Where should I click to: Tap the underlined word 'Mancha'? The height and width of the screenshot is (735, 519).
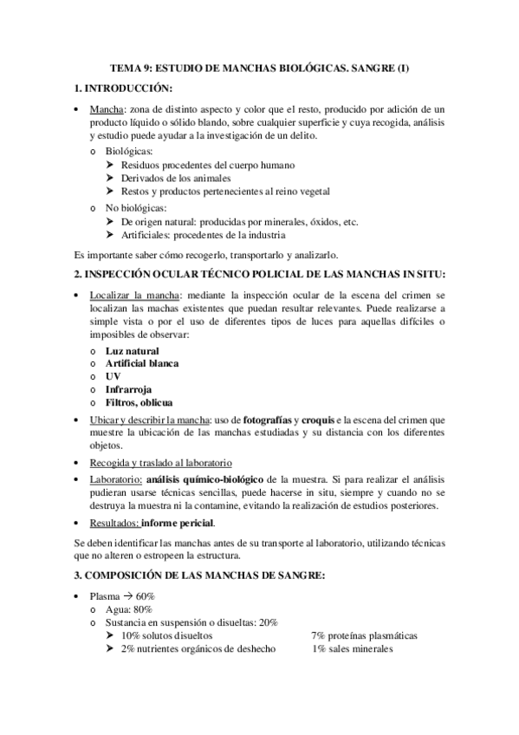pos(107,110)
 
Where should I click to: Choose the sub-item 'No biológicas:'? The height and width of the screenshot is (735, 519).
pos(135,208)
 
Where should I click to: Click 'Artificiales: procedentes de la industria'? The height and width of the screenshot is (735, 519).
pos(211,235)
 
